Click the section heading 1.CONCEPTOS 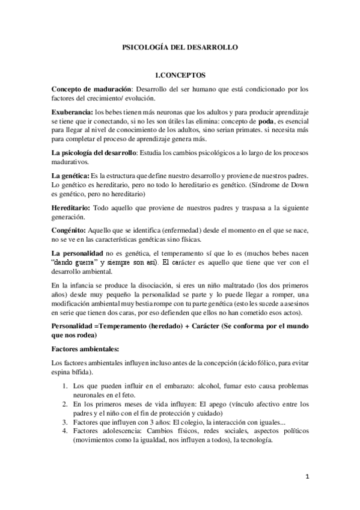[x=180, y=76]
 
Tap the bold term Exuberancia [x=72, y=111]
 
